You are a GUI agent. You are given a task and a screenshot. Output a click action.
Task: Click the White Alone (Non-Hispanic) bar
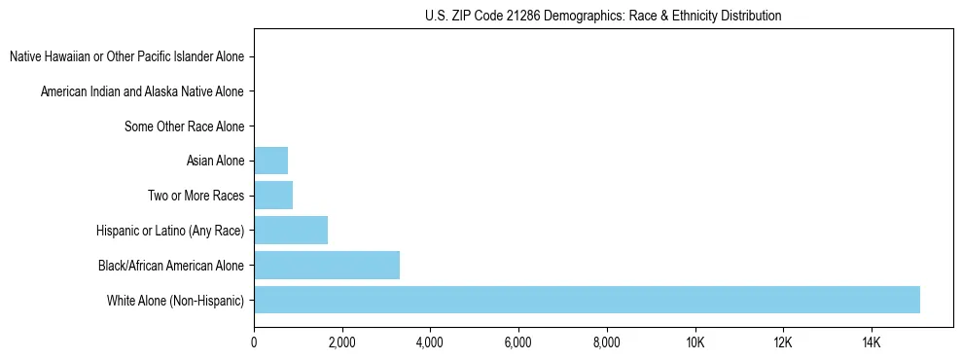(587, 300)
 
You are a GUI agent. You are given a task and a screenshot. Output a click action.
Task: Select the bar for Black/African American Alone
(327, 265)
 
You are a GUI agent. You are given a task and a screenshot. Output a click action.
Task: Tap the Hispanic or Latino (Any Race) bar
(291, 231)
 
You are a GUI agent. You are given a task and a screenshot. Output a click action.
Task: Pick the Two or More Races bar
(273, 196)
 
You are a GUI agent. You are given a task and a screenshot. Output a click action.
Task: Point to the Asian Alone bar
(270, 161)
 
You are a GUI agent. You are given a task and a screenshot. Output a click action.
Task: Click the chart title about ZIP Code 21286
(603, 16)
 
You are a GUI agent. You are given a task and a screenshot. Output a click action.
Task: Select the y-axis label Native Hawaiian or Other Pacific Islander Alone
(126, 56)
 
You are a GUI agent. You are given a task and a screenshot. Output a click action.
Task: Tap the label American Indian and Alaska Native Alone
(142, 91)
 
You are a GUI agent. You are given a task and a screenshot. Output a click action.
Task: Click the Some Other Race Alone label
(185, 126)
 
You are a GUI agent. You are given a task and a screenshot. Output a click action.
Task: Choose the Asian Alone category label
(215, 161)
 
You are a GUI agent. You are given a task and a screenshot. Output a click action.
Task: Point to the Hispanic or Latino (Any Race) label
(170, 231)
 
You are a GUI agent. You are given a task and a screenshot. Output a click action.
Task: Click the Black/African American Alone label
(171, 265)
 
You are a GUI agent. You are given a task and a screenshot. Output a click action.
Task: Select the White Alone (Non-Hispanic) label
(176, 300)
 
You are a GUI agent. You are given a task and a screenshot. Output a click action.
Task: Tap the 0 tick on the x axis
(254, 342)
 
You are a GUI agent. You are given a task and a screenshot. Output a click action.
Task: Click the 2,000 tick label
(341, 342)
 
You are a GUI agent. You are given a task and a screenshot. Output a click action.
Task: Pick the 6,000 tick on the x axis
(517, 342)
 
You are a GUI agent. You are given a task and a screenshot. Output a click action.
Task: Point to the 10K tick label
(695, 342)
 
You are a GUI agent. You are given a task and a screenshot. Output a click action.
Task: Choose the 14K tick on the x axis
(871, 342)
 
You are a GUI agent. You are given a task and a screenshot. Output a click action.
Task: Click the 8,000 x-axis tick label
(606, 342)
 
